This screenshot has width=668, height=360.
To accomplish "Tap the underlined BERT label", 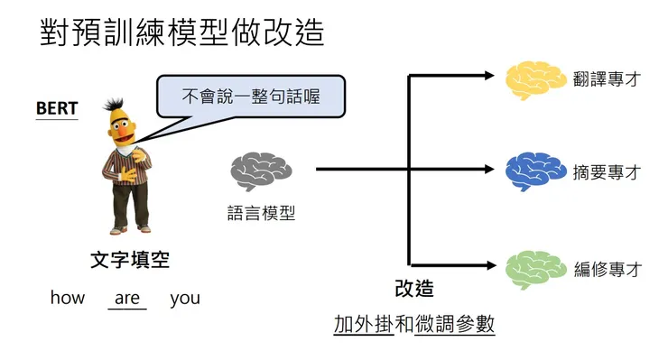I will pyautogui.click(x=57, y=109).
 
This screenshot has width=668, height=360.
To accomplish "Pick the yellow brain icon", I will pyautogui.click(x=535, y=78).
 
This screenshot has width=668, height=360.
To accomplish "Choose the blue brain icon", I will pyautogui.click(x=535, y=171).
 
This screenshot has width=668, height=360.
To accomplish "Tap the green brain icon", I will pyautogui.click(x=535, y=268).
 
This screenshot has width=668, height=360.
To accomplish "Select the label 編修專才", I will pyautogui.click(x=607, y=269).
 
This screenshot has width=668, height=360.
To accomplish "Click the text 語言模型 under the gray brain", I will pyautogui.click(x=262, y=213).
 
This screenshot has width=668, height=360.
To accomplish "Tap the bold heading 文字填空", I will pyautogui.click(x=130, y=261).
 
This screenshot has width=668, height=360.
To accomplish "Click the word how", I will pyautogui.click(x=68, y=298).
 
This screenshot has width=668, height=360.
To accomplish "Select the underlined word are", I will pyautogui.click(x=127, y=298).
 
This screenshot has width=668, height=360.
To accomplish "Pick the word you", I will pyautogui.click(x=185, y=298).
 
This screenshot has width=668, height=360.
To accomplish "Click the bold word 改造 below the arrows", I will pyautogui.click(x=414, y=289).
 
